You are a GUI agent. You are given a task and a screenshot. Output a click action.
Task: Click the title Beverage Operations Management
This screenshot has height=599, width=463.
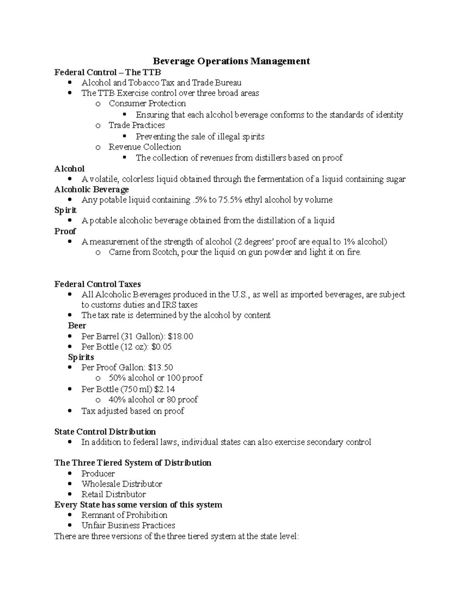(x=231, y=61)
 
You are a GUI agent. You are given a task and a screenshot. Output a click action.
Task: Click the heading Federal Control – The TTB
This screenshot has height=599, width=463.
(x=107, y=72)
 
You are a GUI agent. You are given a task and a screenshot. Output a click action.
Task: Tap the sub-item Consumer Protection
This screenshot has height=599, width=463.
(x=147, y=103)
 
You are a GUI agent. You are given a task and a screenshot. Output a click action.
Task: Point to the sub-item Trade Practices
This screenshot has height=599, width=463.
(x=137, y=125)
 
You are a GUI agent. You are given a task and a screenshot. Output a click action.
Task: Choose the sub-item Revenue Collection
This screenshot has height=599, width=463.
(x=145, y=147)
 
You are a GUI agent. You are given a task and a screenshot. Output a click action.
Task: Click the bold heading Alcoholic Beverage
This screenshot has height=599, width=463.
(x=91, y=189)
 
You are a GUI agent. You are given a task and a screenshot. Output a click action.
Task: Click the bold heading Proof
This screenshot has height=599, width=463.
(x=65, y=231)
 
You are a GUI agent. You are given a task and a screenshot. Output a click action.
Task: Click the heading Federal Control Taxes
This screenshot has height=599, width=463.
(x=97, y=284)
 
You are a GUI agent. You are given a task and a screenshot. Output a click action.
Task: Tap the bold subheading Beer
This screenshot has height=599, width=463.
(x=77, y=326)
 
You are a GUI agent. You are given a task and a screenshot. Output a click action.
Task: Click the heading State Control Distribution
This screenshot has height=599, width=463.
(x=105, y=432)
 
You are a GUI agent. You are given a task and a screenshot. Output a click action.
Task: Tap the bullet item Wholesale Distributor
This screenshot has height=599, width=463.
(x=122, y=484)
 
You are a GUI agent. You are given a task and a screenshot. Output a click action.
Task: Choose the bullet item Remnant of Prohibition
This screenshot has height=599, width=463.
(x=124, y=515)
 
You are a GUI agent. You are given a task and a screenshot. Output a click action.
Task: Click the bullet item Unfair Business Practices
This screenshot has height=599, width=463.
(x=128, y=525)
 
